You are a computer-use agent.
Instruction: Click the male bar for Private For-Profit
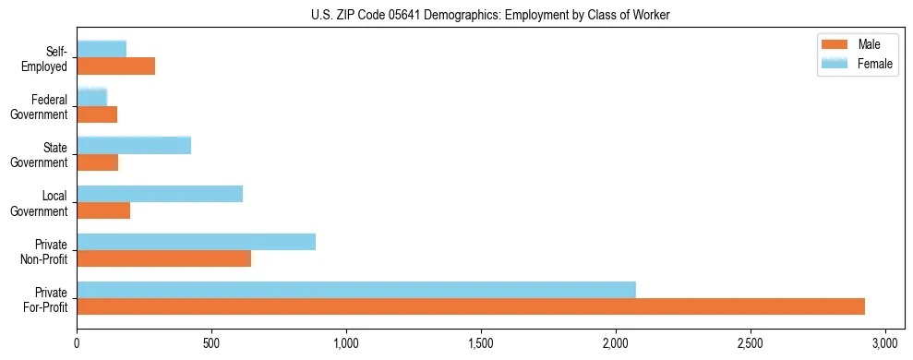click(471, 306)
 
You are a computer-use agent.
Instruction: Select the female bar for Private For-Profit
click(356, 290)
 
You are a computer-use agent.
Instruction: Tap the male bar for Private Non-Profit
click(164, 258)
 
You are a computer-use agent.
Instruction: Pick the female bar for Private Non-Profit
click(197, 242)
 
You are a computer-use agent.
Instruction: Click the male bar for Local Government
click(103, 210)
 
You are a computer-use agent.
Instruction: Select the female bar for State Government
click(134, 146)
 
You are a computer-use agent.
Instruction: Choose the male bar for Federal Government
click(97, 114)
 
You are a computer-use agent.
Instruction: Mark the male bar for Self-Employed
click(116, 66)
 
